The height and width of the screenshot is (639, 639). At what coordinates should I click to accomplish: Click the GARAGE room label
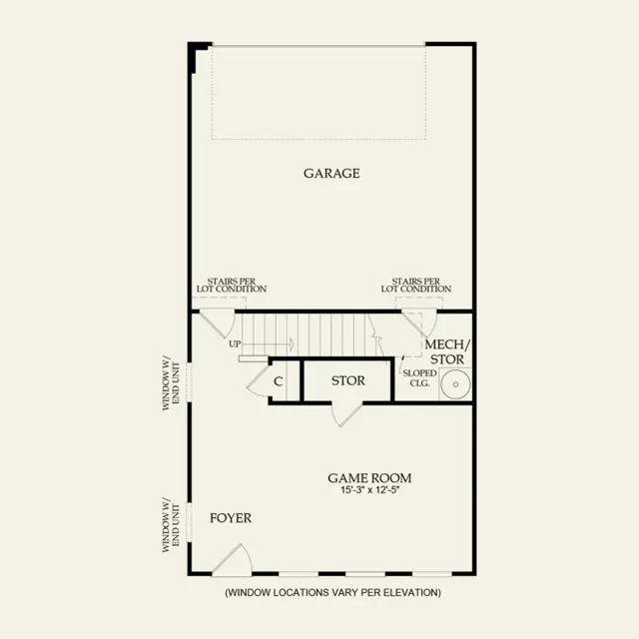331,173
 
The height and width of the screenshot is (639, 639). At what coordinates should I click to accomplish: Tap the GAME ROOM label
369,477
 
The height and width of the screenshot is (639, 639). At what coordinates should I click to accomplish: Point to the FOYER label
231,518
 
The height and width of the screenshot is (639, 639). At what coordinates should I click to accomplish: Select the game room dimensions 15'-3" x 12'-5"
369,490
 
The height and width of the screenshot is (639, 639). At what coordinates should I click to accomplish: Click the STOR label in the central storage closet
348,380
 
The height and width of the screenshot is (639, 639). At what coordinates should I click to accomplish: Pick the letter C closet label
278,381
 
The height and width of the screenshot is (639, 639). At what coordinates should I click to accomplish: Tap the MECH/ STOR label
447,351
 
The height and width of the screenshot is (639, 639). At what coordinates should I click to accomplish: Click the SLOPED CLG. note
419,377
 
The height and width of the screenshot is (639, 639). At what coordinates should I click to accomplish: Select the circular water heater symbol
455,383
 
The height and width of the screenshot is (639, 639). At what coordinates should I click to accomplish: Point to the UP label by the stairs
235,343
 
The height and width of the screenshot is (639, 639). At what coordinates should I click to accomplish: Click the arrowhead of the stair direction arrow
291,344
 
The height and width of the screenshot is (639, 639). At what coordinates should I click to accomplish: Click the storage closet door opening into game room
346,413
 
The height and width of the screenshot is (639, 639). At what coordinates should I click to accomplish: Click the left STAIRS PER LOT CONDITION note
232,285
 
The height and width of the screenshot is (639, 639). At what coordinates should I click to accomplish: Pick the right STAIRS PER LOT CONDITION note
416,285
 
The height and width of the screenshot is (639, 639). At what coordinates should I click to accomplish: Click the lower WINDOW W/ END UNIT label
171,524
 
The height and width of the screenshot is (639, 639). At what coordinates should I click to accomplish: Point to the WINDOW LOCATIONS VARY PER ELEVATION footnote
332,592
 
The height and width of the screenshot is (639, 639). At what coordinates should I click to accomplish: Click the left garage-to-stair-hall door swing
218,323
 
